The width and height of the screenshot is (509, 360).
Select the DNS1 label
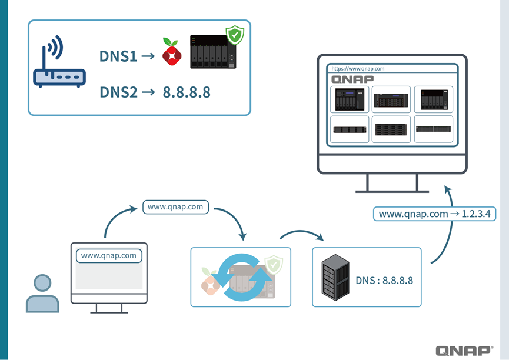[x=118, y=56]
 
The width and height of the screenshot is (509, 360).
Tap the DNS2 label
[x=118, y=92]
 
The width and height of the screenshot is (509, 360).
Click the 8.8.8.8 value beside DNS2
[x=187, y=92]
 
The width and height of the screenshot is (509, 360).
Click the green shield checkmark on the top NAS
[x=235, y=35]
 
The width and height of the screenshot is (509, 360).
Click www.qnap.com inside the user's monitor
[x=109, y=255]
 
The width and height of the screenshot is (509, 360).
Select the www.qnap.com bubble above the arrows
[x=175, y=207]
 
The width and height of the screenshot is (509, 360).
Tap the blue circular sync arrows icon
[x=241, y=276]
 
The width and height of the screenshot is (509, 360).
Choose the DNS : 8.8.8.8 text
[x=384, y=281]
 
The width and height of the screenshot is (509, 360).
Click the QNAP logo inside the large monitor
[x=352, y=79]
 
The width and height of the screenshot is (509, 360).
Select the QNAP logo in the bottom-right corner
[x=464, y=351]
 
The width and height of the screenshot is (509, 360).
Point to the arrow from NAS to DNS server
[x=301, y=235]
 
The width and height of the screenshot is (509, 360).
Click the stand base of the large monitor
[x=392, y=190]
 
